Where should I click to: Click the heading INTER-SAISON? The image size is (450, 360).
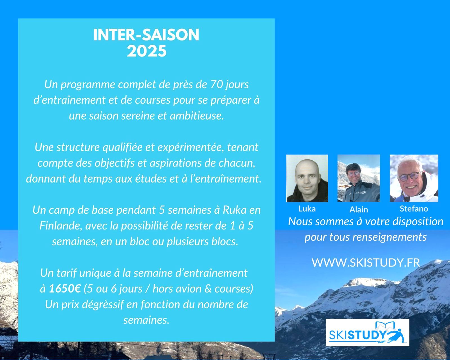point(146,35)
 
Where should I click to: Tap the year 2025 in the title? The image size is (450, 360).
point(147,51)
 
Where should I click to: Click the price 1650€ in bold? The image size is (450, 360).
point(65,289)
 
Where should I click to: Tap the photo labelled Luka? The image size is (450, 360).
point(307,178)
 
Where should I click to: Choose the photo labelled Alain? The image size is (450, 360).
point(359,178)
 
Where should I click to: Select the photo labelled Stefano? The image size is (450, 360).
point(414,178)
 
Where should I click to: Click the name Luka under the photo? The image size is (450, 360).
point(307,209)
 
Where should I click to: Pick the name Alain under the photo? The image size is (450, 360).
point(359,210)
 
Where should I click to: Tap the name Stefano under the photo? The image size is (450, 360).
point(414,209)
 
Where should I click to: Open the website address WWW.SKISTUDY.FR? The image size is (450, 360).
point(366,262)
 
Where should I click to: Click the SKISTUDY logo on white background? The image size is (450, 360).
point(367,333)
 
